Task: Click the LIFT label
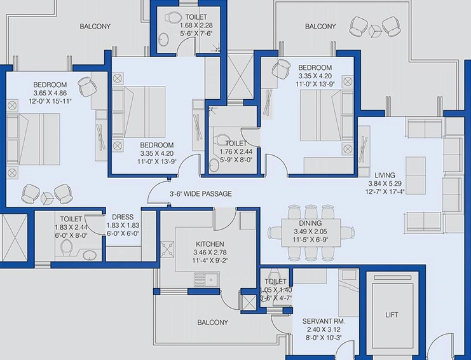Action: (x=392, y=315)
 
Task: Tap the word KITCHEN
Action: (x=210, y=244)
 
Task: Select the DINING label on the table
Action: (x=310, y=223)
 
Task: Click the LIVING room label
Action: (x=385, y=175)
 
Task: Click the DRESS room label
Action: (x=123, y=217)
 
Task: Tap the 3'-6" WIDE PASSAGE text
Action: (x=201, y=194)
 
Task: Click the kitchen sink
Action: (x=207, y=280)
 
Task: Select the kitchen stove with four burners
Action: (x=167, y=249)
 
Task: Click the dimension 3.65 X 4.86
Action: (x=50, y=93)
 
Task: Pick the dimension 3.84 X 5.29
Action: (x=385, y=183)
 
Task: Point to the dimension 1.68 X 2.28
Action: (x=196, y=25)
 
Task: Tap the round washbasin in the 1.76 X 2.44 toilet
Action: (x=214, y=165)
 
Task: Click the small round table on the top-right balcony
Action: (x=374, y=30)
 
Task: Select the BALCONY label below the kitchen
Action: (x=213, y=322)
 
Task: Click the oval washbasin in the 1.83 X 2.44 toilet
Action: (x=90, y=256)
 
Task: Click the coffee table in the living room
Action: (x=416, y=176)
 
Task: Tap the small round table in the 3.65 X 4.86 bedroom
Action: (x=47, y=198)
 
